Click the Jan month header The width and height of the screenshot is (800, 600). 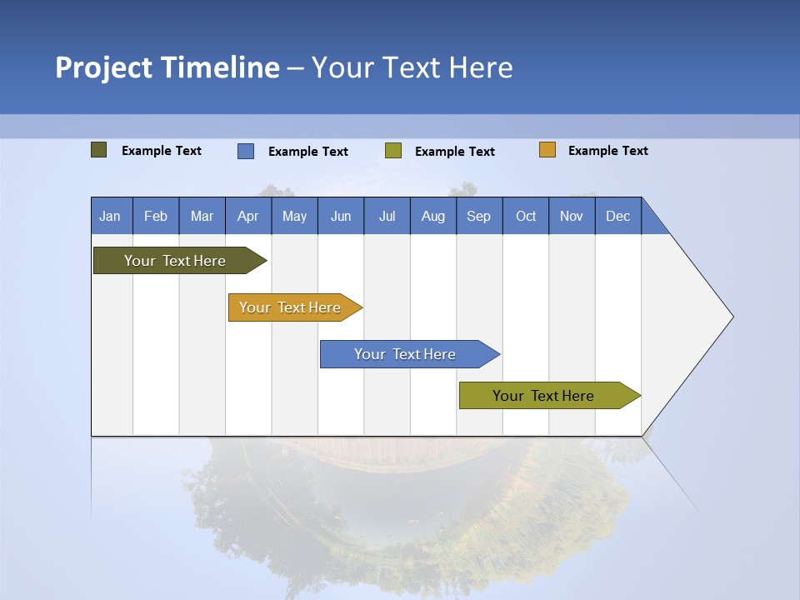click(x=111, y=217)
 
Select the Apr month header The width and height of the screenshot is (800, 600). click(x=248, y=217)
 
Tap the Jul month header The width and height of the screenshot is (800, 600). click(x=387, y=217)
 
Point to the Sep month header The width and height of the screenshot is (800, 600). click(x=479, y=217)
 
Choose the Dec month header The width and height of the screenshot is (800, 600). click(x=618, y=217)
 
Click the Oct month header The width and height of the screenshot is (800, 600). click(x=526, y=217)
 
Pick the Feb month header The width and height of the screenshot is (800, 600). click(x=156, y=217)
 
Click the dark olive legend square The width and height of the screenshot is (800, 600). click(x=99, y=150)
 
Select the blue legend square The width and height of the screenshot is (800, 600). click(x=246, y=151)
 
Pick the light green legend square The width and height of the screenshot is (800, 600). click(x=393, y=151)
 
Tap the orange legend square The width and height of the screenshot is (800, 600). click(x=547, y=150)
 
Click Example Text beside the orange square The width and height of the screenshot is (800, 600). click(x=608, y=151)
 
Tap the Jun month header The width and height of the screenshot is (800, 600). click(x=341, y=217)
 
